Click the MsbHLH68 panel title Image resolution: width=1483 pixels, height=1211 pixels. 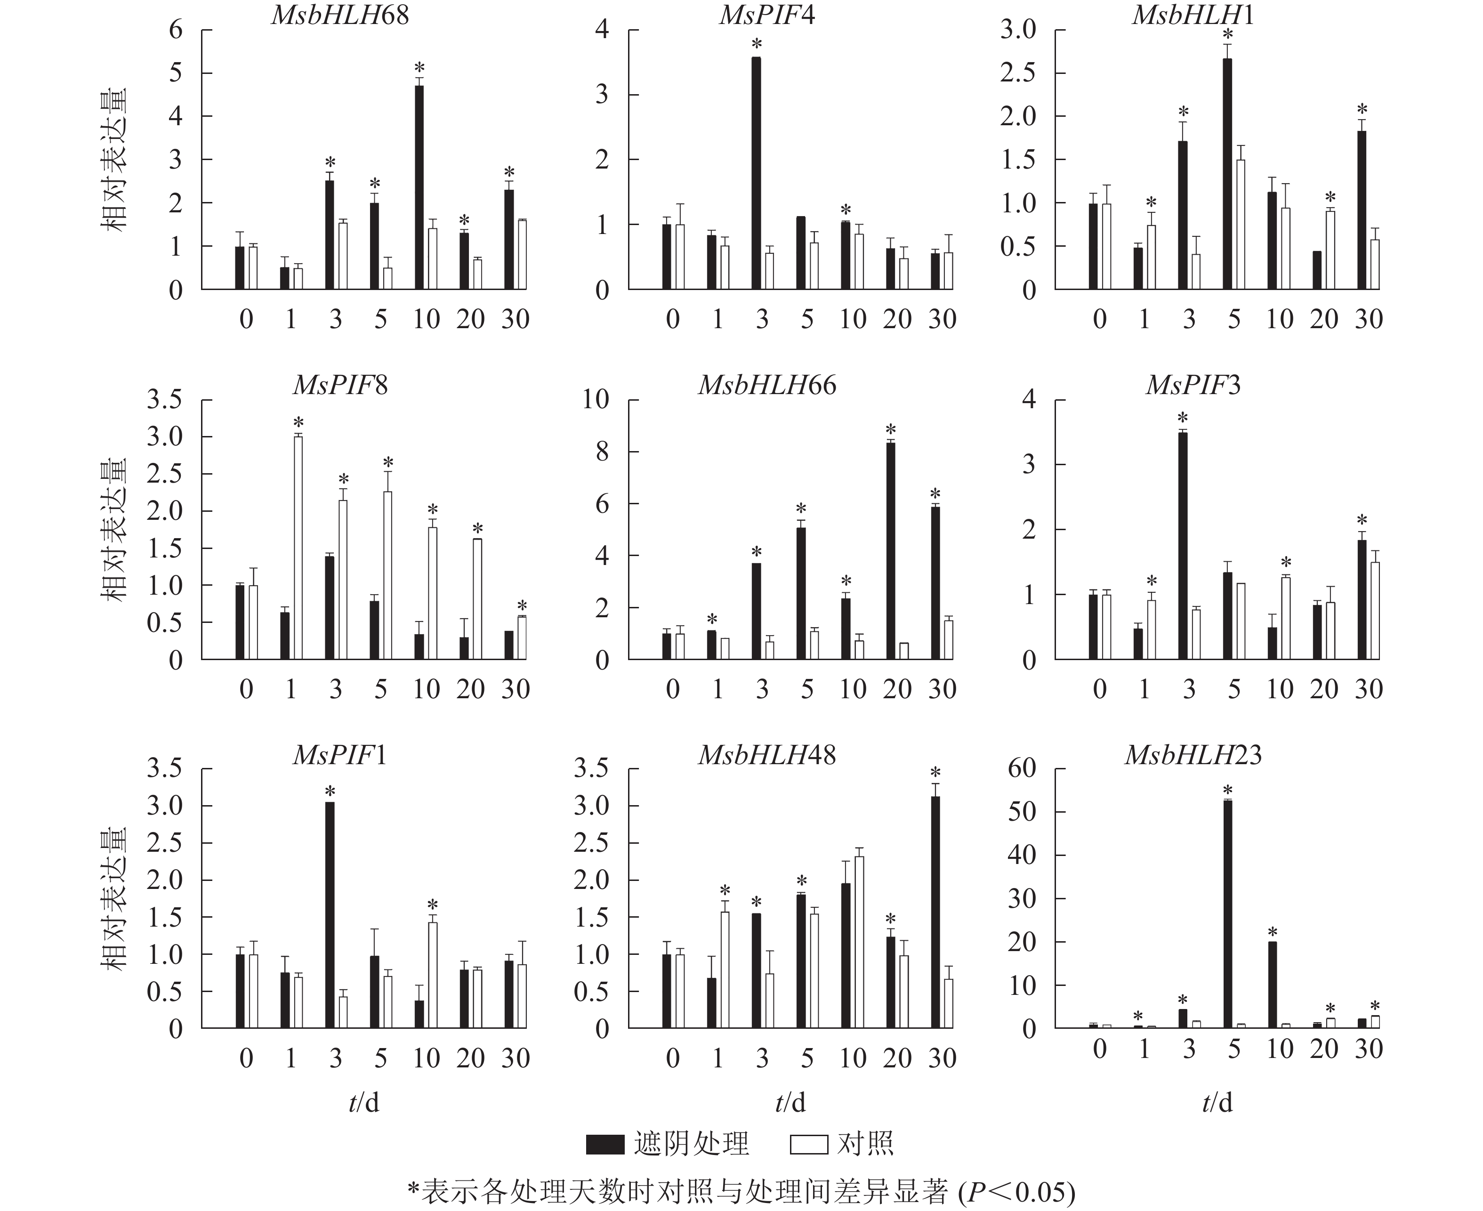(340, 16)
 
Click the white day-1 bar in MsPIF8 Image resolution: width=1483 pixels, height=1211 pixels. (298, 548)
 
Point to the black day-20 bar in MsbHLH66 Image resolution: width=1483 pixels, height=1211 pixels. (891, 551)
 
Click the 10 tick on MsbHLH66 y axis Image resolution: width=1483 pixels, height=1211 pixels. (596, 400)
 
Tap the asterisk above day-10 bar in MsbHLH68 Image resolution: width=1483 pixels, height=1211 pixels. (419, 68)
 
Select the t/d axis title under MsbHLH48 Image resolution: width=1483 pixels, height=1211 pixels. (790, 1102)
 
